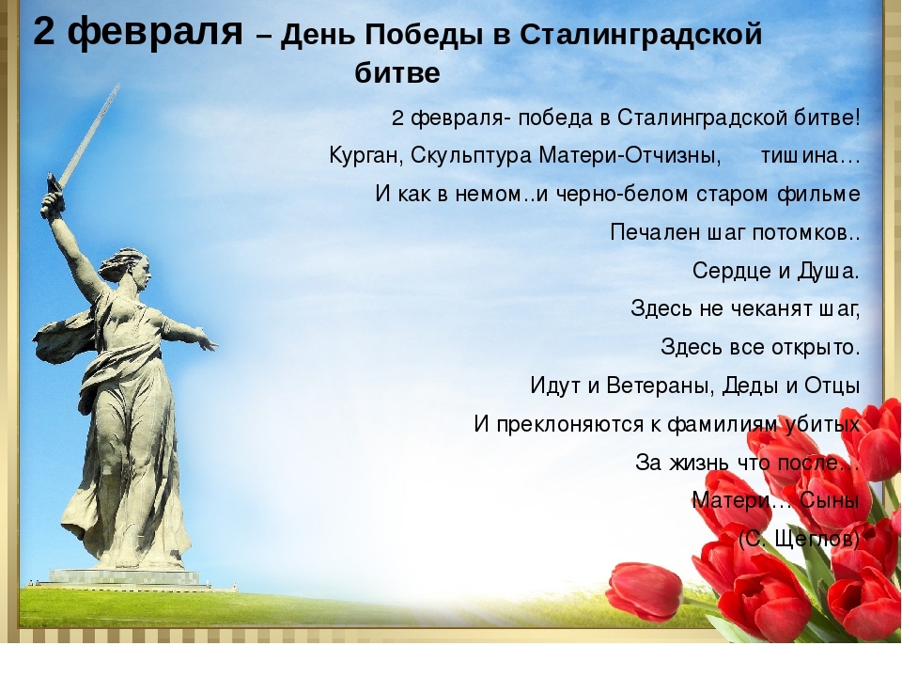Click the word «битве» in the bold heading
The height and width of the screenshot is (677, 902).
(397, 72)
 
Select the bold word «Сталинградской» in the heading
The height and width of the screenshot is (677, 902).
(641, 36)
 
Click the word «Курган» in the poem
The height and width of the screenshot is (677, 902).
(365, 156)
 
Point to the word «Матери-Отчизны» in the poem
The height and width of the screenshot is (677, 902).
(630, 155)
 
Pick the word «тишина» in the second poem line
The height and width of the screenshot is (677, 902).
(803, 155)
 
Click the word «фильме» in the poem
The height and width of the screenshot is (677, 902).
(818, 194)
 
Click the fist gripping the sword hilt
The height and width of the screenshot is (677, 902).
(51, 203)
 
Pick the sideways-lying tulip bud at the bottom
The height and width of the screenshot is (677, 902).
(645, 591)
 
